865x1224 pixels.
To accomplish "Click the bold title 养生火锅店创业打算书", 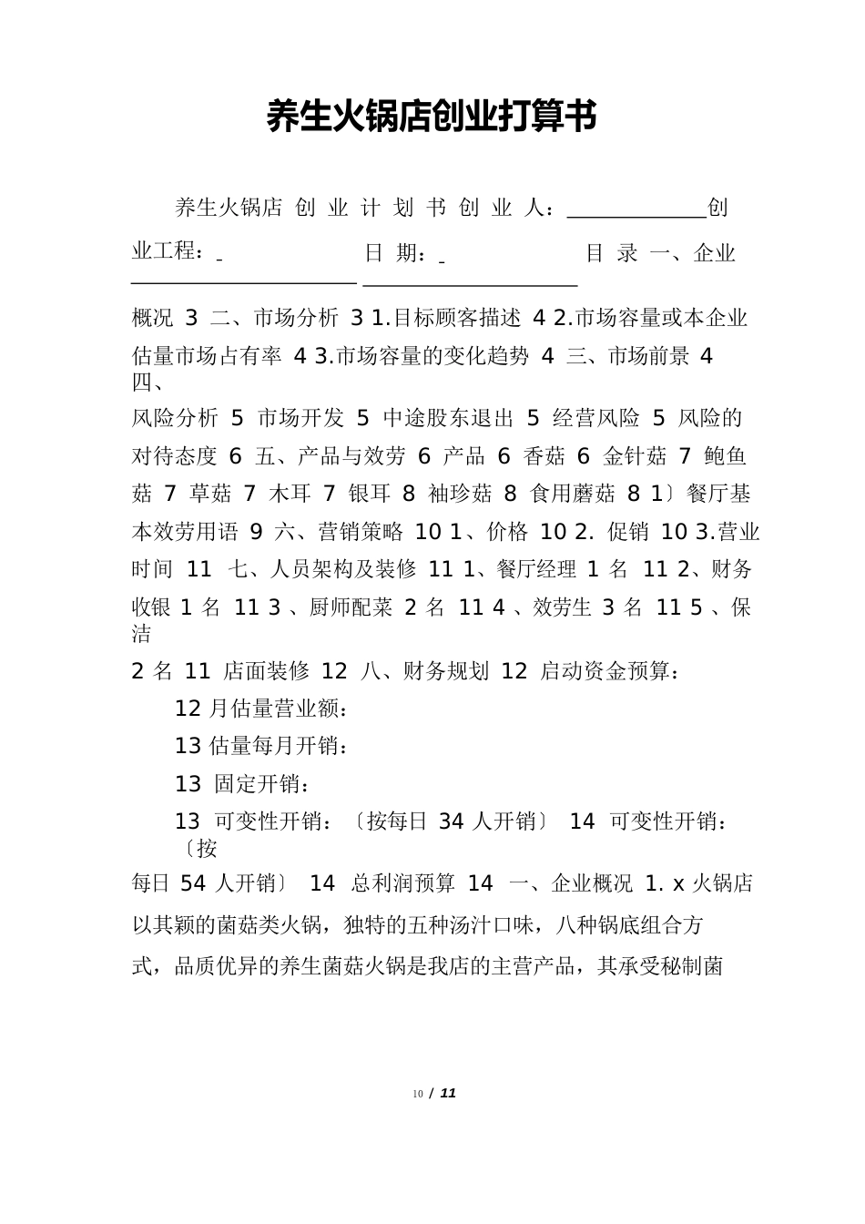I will point(432,117).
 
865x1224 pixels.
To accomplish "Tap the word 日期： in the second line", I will point(395,253).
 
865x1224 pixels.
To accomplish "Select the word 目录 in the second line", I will point(611,253).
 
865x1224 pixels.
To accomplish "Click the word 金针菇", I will point(635,456).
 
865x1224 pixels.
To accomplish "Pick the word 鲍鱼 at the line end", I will point(726,456).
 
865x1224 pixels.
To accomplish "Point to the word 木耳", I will point(290,494).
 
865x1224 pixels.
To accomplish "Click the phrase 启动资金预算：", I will point(609,671).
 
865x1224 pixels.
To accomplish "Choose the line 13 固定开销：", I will point(242,783).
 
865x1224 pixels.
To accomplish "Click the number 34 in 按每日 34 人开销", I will point(451,821).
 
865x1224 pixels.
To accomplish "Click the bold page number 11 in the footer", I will point(447,1093).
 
